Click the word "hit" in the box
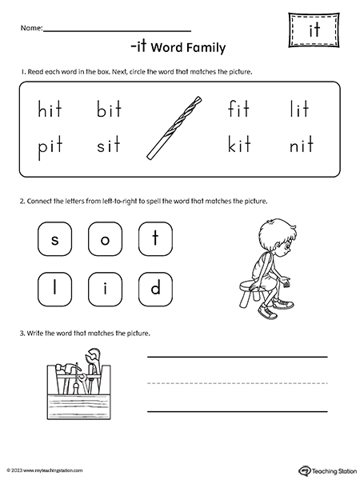click(50, 109)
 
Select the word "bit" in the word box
click(109, 109)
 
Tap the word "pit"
click(50, 147)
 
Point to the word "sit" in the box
click(109, 145)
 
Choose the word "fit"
click(238, 109)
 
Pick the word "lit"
click(299, 109)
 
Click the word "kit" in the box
click(239, 144)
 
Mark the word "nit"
click(302, 144)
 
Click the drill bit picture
click(174, 128)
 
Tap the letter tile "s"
click(54, 238)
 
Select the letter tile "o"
click(105, 238)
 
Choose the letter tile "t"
click(155, 238)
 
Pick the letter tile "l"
click(54, 290)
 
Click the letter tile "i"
click(105, 290)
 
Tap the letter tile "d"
click(155, 290)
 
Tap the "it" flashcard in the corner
click(314, 30)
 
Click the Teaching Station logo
click(327, 470)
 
